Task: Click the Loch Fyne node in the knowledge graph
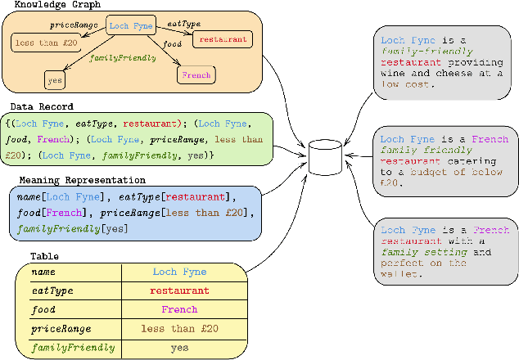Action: (131, 27)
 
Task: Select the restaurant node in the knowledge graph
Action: (222, 39)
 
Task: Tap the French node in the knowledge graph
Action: (196, 75)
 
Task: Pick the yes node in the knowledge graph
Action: (55, 81)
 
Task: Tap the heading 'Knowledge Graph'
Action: (46, 5)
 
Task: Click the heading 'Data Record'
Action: (42, 106)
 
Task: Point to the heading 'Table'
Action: (45, 256)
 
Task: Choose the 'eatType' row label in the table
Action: (52, 290)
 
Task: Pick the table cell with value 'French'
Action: (179, 309)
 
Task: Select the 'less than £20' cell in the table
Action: (179, 329)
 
